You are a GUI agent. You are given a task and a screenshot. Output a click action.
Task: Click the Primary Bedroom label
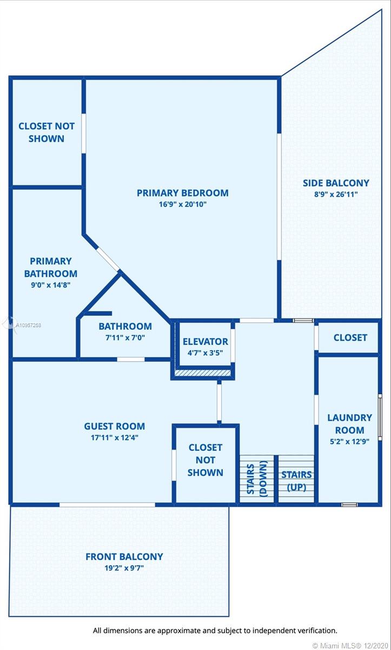click(x=182, y=193)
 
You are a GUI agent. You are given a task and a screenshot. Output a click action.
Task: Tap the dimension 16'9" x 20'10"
click(x=182, y=204)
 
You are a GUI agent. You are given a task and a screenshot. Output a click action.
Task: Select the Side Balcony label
click(x=336, y=183)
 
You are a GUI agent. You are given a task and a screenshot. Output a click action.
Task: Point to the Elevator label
click(x=206, y=342)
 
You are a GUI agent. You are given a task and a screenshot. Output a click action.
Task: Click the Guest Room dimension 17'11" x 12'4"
click(x=115, y=438)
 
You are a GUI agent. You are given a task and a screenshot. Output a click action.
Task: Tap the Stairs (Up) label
click(x=296, y=481)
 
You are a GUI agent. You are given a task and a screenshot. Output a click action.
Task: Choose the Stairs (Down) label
click(x=257, y=479)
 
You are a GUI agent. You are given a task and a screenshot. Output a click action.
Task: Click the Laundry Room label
click(x=349, y=424)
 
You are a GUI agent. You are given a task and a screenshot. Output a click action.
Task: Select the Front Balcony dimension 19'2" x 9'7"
click(x=124, y=568)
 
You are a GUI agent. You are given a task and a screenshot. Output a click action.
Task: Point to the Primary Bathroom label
click(x=51, y=267)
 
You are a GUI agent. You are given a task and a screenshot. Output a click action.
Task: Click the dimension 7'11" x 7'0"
click(x=125, y=337)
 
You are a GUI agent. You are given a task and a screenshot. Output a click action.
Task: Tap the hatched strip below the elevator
click(x=203, y=373)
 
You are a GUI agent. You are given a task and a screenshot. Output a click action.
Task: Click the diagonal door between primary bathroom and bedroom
click(x=108, y=259)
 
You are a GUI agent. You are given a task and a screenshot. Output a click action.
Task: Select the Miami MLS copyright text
click(x=350, y=645)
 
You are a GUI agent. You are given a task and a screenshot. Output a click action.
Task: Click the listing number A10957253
click(x=28, y=326)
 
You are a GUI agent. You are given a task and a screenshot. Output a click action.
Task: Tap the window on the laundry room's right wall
click(x=380, y=417)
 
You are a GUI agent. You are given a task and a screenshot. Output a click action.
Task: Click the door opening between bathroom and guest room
click(x=131, y=360)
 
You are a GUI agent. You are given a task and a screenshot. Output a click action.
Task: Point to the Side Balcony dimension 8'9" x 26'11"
click(x=336, y=194)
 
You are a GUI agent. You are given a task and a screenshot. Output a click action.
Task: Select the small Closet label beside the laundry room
click(x=350, y=337)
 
